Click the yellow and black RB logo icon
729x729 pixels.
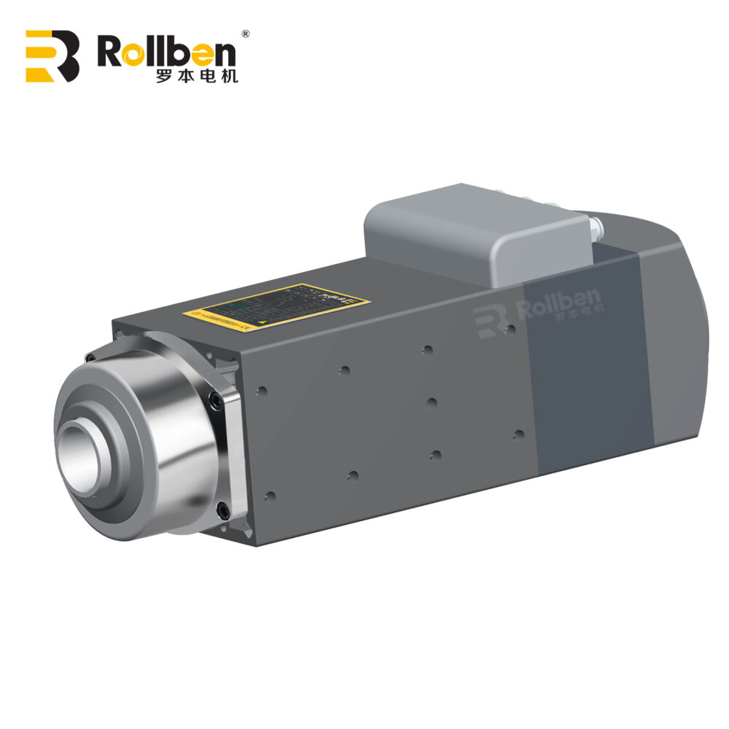click(x=52, y=56)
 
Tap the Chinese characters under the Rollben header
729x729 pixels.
click(x=196, y=76)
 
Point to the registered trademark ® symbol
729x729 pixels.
click(x=246, y=34)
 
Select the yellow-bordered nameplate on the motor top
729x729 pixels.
click(x=277, y=306)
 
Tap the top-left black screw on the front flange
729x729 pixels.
click(x=90, y=357)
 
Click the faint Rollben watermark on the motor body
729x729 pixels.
click(x=539, y=306)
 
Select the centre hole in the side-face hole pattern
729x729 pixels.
click(x=432, y=402)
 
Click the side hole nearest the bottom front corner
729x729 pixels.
click(x=270, y=496)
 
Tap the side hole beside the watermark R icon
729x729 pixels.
click(x=511, y=329)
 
